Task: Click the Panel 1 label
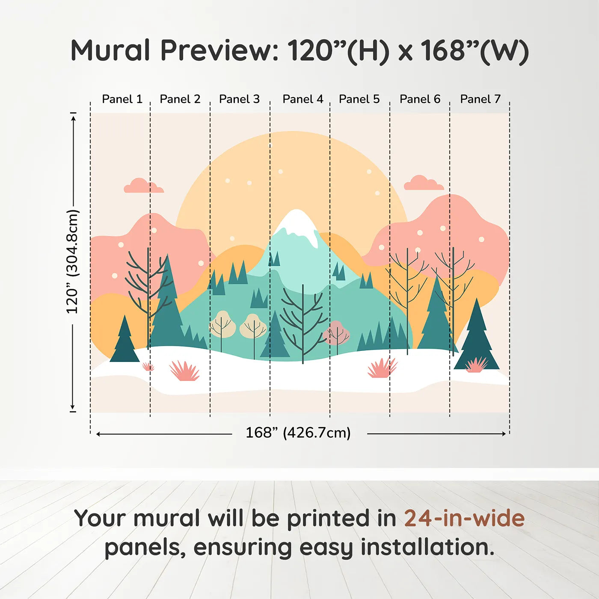pyautogui.click(x=122, y=99)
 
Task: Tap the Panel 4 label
pyautogui.click(x=303, y=99)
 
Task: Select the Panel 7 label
pyautogui.click(x=480, y=99)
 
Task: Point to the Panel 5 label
pyautogui.click(x=359, y=99)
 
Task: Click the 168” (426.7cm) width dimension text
pyautogui.click(x=298, y=433)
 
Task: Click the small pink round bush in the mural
pyautogui.click(x=336, y=333)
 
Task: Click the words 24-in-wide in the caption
pyautogui.click(x=464, y=519)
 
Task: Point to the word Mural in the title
pyautogui.click(x=110, y=50)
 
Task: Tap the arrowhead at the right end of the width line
pyautogui.click(x=504, y=434)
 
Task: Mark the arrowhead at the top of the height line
pyautogui.click(x=74, y=118)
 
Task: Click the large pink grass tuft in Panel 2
pyautogui.click(x=184, y=371)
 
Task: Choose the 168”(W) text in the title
pyautogui.click(x=474, y=50)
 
